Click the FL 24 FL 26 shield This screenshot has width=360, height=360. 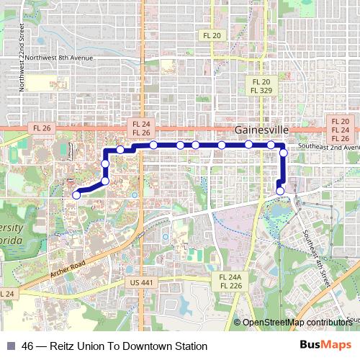(x=141, y=128)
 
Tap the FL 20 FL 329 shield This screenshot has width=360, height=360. (x=259, y=86)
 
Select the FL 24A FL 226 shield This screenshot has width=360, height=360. (x=230, y=281)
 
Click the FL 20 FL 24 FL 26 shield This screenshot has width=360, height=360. (x=340, y=130)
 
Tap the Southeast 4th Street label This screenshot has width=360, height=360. (x=318, y=249)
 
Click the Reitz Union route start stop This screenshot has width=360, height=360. (x=76, y=194)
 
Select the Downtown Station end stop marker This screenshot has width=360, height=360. (x=280, y=191)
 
